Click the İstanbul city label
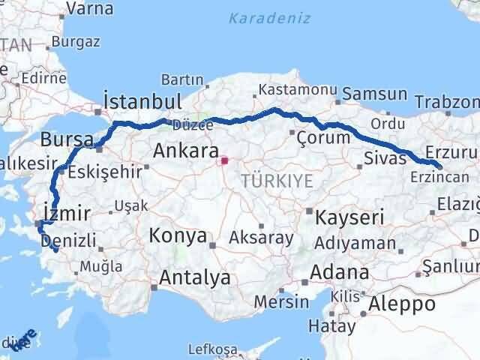pyautogui.click(x=142, y=102)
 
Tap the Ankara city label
pyautogui.click(x=186, y=151)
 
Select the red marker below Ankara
pyautogui.click(x=224, y=160)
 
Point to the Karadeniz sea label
pyautogui.click(x=269, y=18)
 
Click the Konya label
pyautogui.click(x=178, y=236)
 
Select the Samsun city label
pyautogui.click(x=375, y=95)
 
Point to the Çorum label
pyautogui.click(x=323, y=137)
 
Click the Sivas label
pyautogui.click(x=384, y=157)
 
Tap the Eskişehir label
pyautogui.click(x=104, y=172)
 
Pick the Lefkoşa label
pyautogui.click(x=212, y=349)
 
